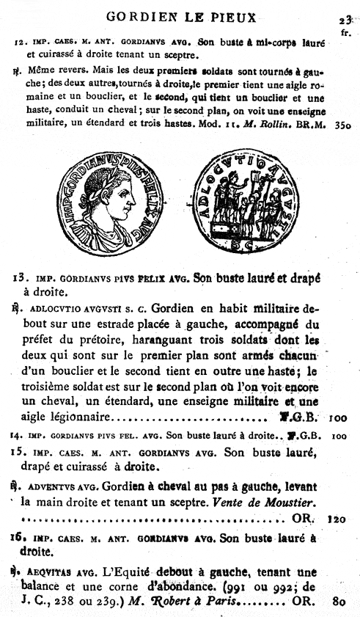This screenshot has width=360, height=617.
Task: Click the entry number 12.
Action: pos(20,42)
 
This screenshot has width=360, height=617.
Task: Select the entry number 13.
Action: pos(21,277)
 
